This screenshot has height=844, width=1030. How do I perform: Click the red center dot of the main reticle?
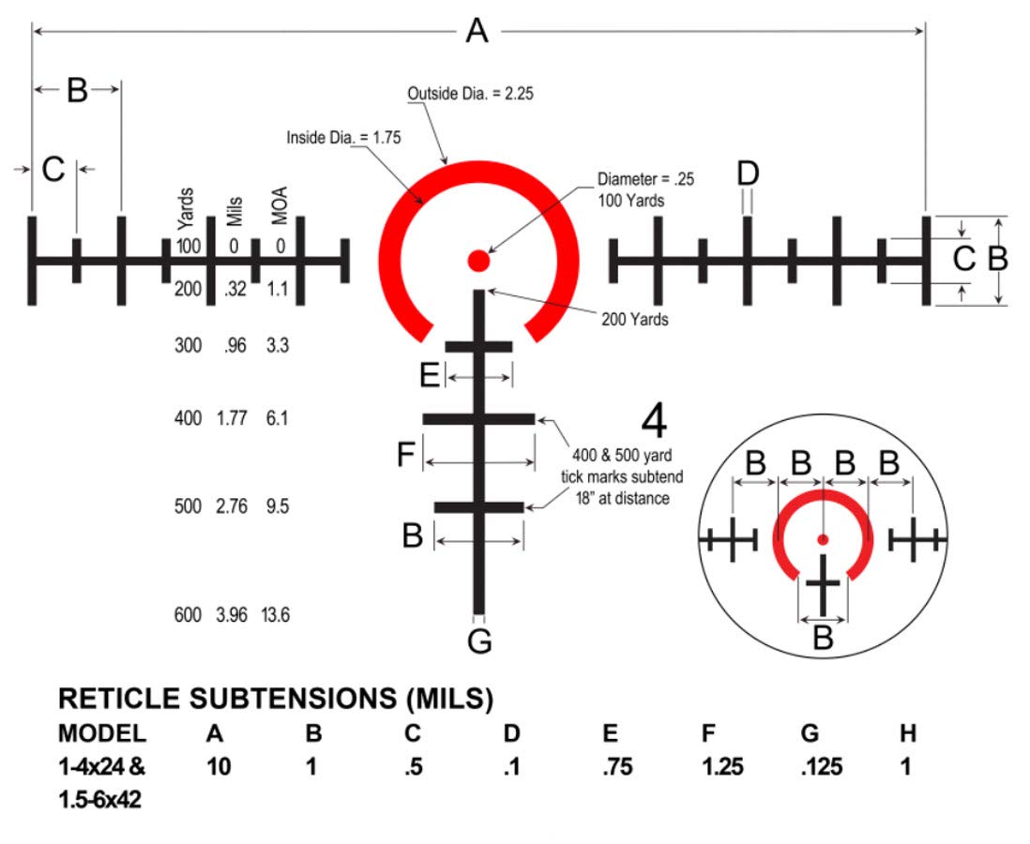tap(478, 260)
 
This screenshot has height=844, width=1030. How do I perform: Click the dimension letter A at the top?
tap(477, 31)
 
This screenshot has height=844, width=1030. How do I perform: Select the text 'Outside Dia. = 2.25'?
tap(470, 93)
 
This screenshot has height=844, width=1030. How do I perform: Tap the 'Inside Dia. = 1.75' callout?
tap(343, 137)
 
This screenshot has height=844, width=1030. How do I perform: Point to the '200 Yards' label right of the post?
tap(634, 319)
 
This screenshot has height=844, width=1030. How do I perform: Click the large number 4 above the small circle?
tap(654, 421)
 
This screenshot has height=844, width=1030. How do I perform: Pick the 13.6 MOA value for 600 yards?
tap(275, 615)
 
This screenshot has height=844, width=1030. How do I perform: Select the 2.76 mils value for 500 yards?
tap(232, 506)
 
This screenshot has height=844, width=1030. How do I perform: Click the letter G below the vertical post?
tap(479, 641)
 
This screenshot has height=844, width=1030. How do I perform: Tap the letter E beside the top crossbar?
tap(430, 376)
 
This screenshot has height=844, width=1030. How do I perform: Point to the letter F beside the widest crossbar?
tap(406, 454)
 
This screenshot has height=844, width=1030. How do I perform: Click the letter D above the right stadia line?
tap(749, 173)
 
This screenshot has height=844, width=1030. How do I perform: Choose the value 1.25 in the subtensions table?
tap(722, 766)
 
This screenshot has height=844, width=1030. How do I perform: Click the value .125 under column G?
tap(821, 766)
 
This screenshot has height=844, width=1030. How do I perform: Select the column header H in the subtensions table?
tap(908, 733)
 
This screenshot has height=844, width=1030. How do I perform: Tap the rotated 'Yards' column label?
tap(187, 209)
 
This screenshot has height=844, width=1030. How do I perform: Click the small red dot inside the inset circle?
tap(823, 540)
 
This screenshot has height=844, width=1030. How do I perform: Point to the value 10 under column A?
tap(219, 766)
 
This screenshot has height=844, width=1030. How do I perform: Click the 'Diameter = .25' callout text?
tap(645, 179)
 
